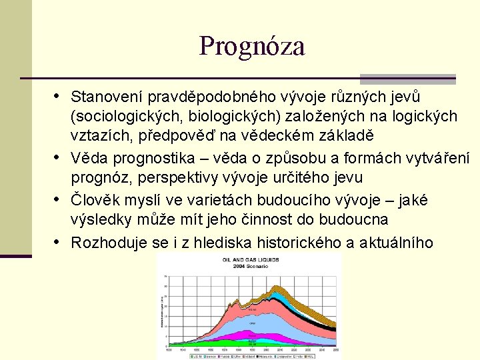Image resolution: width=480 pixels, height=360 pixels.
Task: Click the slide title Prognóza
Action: pyautogui.click(x=251, y=46)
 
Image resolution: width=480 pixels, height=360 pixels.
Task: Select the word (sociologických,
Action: pyautogui.click(x=127, y=116)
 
